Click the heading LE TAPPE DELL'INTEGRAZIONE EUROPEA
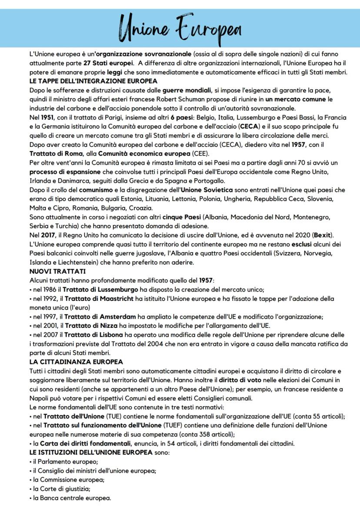pos(93,81)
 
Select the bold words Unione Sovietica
pos(207,190)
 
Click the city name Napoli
pos(39,398)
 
